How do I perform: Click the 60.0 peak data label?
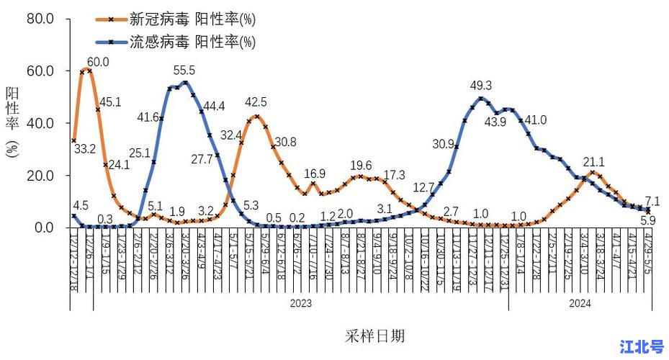99,63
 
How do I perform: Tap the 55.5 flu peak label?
186,71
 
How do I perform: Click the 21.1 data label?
593,162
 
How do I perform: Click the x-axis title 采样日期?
374,336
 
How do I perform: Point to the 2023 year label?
300,303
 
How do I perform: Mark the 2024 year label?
580,303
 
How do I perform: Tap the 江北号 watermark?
642,347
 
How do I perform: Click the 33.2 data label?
85,150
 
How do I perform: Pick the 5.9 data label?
648,240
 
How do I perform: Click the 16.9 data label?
315,174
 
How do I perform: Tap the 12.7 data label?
423,189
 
